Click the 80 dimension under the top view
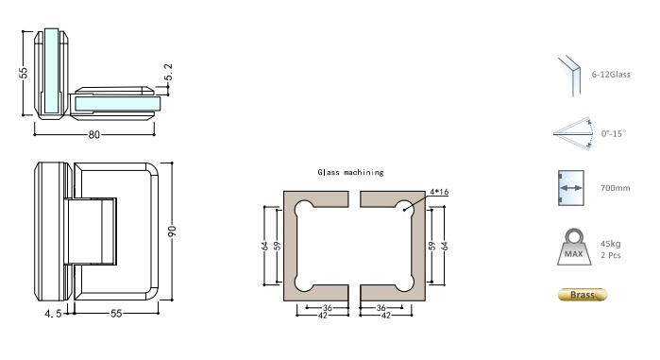[94, 134]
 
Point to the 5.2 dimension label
[168, 72]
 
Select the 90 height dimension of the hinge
[174, 231]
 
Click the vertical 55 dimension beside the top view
[25, 72]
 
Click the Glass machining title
[350, 173]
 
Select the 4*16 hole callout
[437, 193]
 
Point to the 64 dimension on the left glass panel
[266, 246]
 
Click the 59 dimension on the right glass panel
[431, 246]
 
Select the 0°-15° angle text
[613, 134]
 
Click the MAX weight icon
[572, 249]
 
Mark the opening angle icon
[572, 133]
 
